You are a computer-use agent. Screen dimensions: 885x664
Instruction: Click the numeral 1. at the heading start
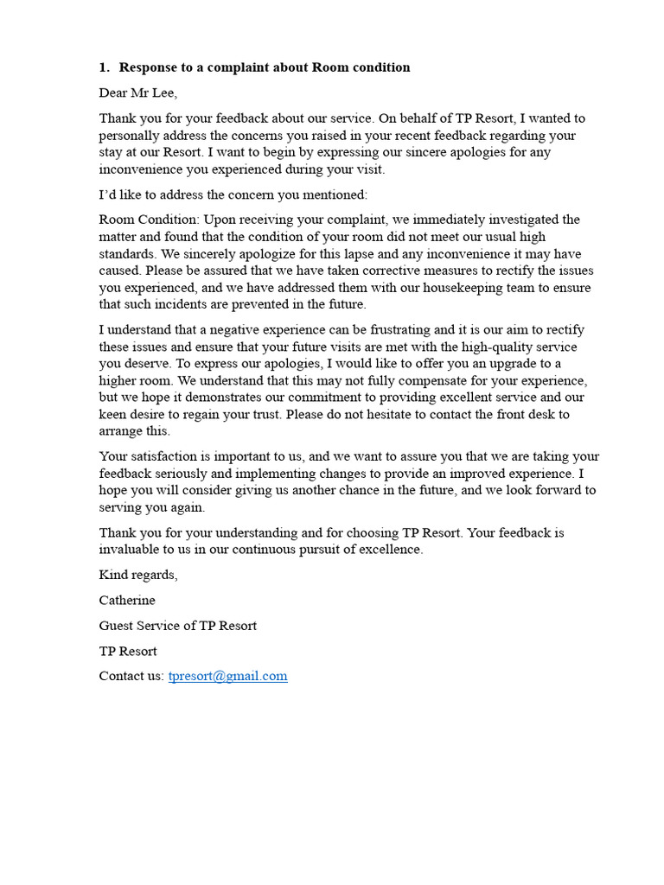[105, 67]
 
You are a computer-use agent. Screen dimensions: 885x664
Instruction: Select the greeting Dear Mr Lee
[138, 92]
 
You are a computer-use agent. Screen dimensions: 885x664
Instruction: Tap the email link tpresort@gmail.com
[227, 676]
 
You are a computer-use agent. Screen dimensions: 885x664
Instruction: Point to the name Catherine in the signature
[127, 600]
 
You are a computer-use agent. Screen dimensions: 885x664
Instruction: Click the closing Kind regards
[138, 575]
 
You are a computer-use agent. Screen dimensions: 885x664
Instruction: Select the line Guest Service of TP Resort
[177, 625]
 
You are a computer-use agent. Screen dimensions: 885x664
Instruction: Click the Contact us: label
[131, 676]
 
